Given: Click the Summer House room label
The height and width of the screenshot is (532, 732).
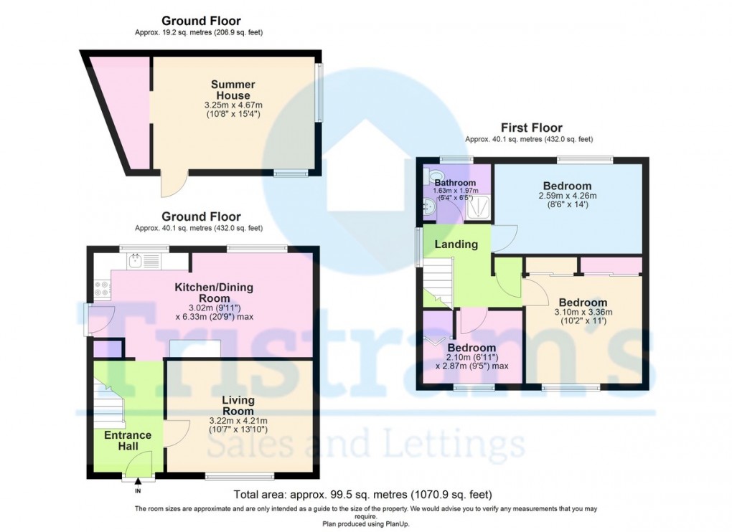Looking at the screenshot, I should coord(231,90).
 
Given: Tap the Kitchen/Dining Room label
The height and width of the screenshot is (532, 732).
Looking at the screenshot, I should coord(215,293).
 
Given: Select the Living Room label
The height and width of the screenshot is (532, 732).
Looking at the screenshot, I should coord(238,405).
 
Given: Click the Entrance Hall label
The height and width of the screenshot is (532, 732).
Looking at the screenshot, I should coord(128,441).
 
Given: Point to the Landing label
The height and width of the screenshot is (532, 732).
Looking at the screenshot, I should coord(456,244).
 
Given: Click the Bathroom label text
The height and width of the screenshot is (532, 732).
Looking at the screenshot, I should coord(450,183).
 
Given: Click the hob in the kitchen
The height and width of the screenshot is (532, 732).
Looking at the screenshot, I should coord(100,289).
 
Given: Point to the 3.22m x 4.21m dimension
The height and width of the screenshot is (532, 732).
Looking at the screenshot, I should coord(238,421).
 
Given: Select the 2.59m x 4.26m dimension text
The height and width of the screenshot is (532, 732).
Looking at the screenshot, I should coord(567,196).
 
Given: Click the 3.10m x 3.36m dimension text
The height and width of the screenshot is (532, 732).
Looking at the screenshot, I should coord(583,312).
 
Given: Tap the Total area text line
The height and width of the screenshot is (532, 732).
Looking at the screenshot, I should coord(363,495).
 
